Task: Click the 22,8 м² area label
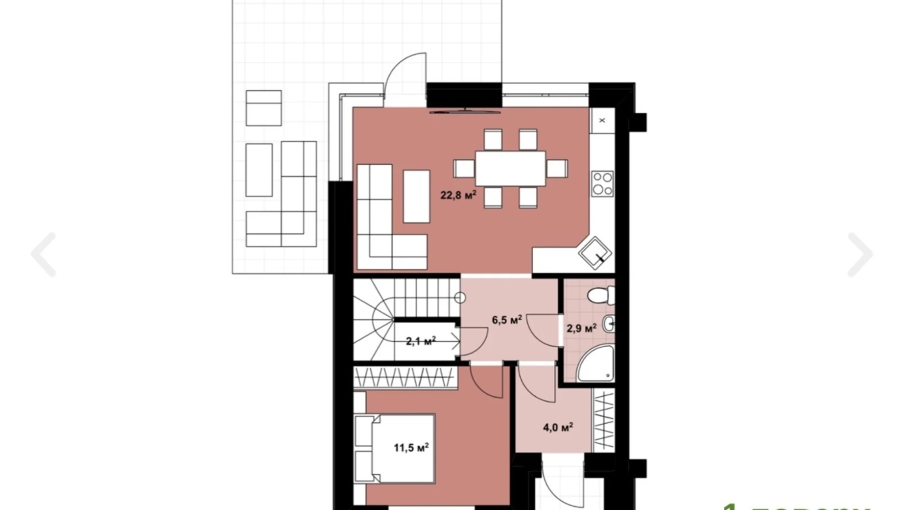tap(458, 195)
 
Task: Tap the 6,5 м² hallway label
tap(506, 320)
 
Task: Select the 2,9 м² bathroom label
tap(581, 328)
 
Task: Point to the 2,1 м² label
tap(421, 341)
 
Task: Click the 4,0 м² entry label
tap(558, 428)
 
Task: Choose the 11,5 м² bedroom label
tap(411, 448)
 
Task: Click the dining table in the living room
tap(510, 168)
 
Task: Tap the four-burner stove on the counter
tap(602, 184)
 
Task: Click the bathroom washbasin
tap(608, 324)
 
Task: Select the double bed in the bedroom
tap(395, 448)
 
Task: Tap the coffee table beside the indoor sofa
tap(416, 196)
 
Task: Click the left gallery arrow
tap(44, 255)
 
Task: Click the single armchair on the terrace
tap(263, 108)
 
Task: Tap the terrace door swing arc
tap(404, 74)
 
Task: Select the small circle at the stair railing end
tap(459, 297)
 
